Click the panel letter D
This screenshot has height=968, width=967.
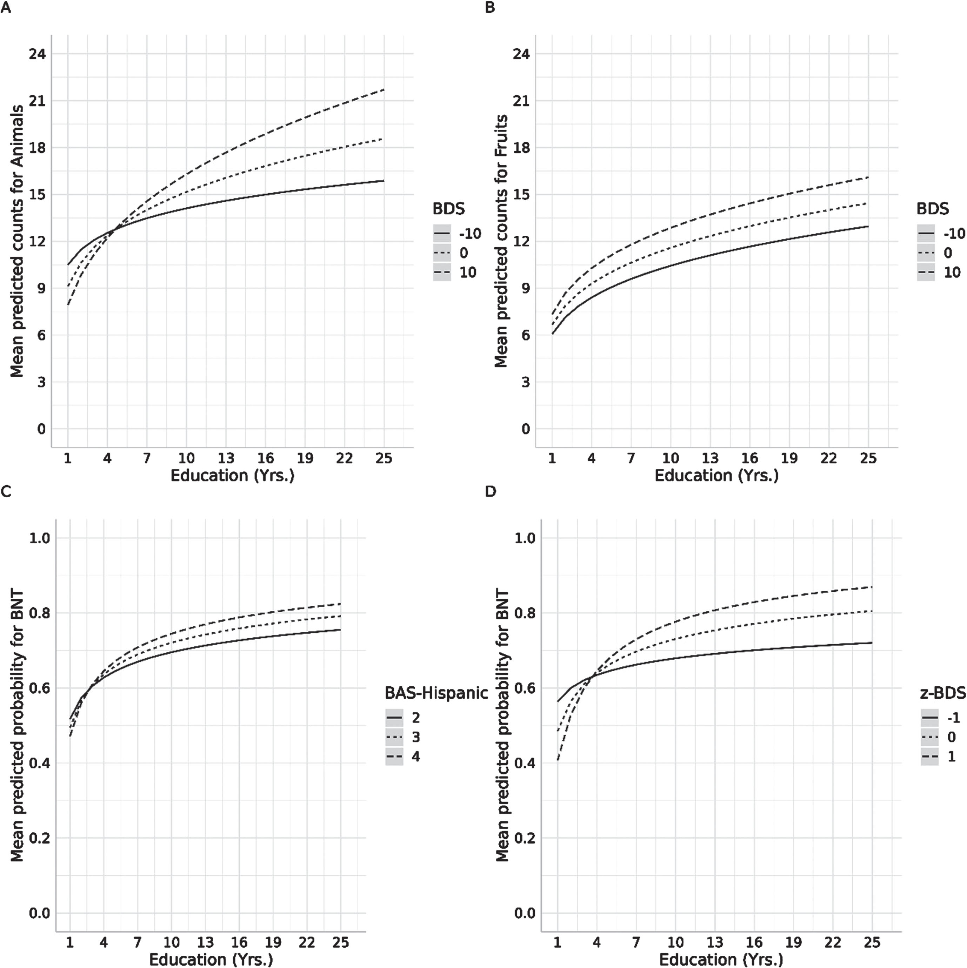pyautogui.click(x=490, y=491)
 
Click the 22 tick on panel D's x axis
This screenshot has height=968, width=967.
pyautogui.click(x=833, y=942)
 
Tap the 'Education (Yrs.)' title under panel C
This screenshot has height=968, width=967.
pyautogui.click(x=211, y=960)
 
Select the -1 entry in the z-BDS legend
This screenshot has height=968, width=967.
pyautogui.click(x=940, y=718)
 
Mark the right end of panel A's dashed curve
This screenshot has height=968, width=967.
pyautogui.click(x=384, y=89)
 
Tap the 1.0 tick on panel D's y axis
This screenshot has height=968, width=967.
pyautogui.click(x=525, y=538)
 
